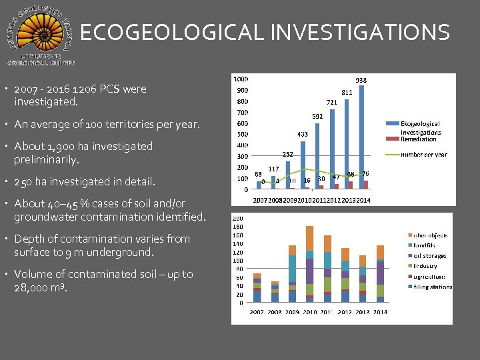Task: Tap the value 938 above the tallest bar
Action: [361, 80]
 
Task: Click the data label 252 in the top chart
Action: [287, 154]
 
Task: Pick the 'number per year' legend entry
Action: [423, 155]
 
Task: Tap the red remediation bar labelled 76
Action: [365, 184]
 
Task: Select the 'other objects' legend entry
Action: [430, 235]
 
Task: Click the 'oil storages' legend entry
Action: [429, 256]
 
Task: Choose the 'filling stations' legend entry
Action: [433, 287]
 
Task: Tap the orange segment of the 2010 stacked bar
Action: [309, 238]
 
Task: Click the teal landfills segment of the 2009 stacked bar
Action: [292, 268]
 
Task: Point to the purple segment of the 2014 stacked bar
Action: [380, 272]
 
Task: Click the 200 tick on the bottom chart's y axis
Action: [237, 218]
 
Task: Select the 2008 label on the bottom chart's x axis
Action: [275, 312]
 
